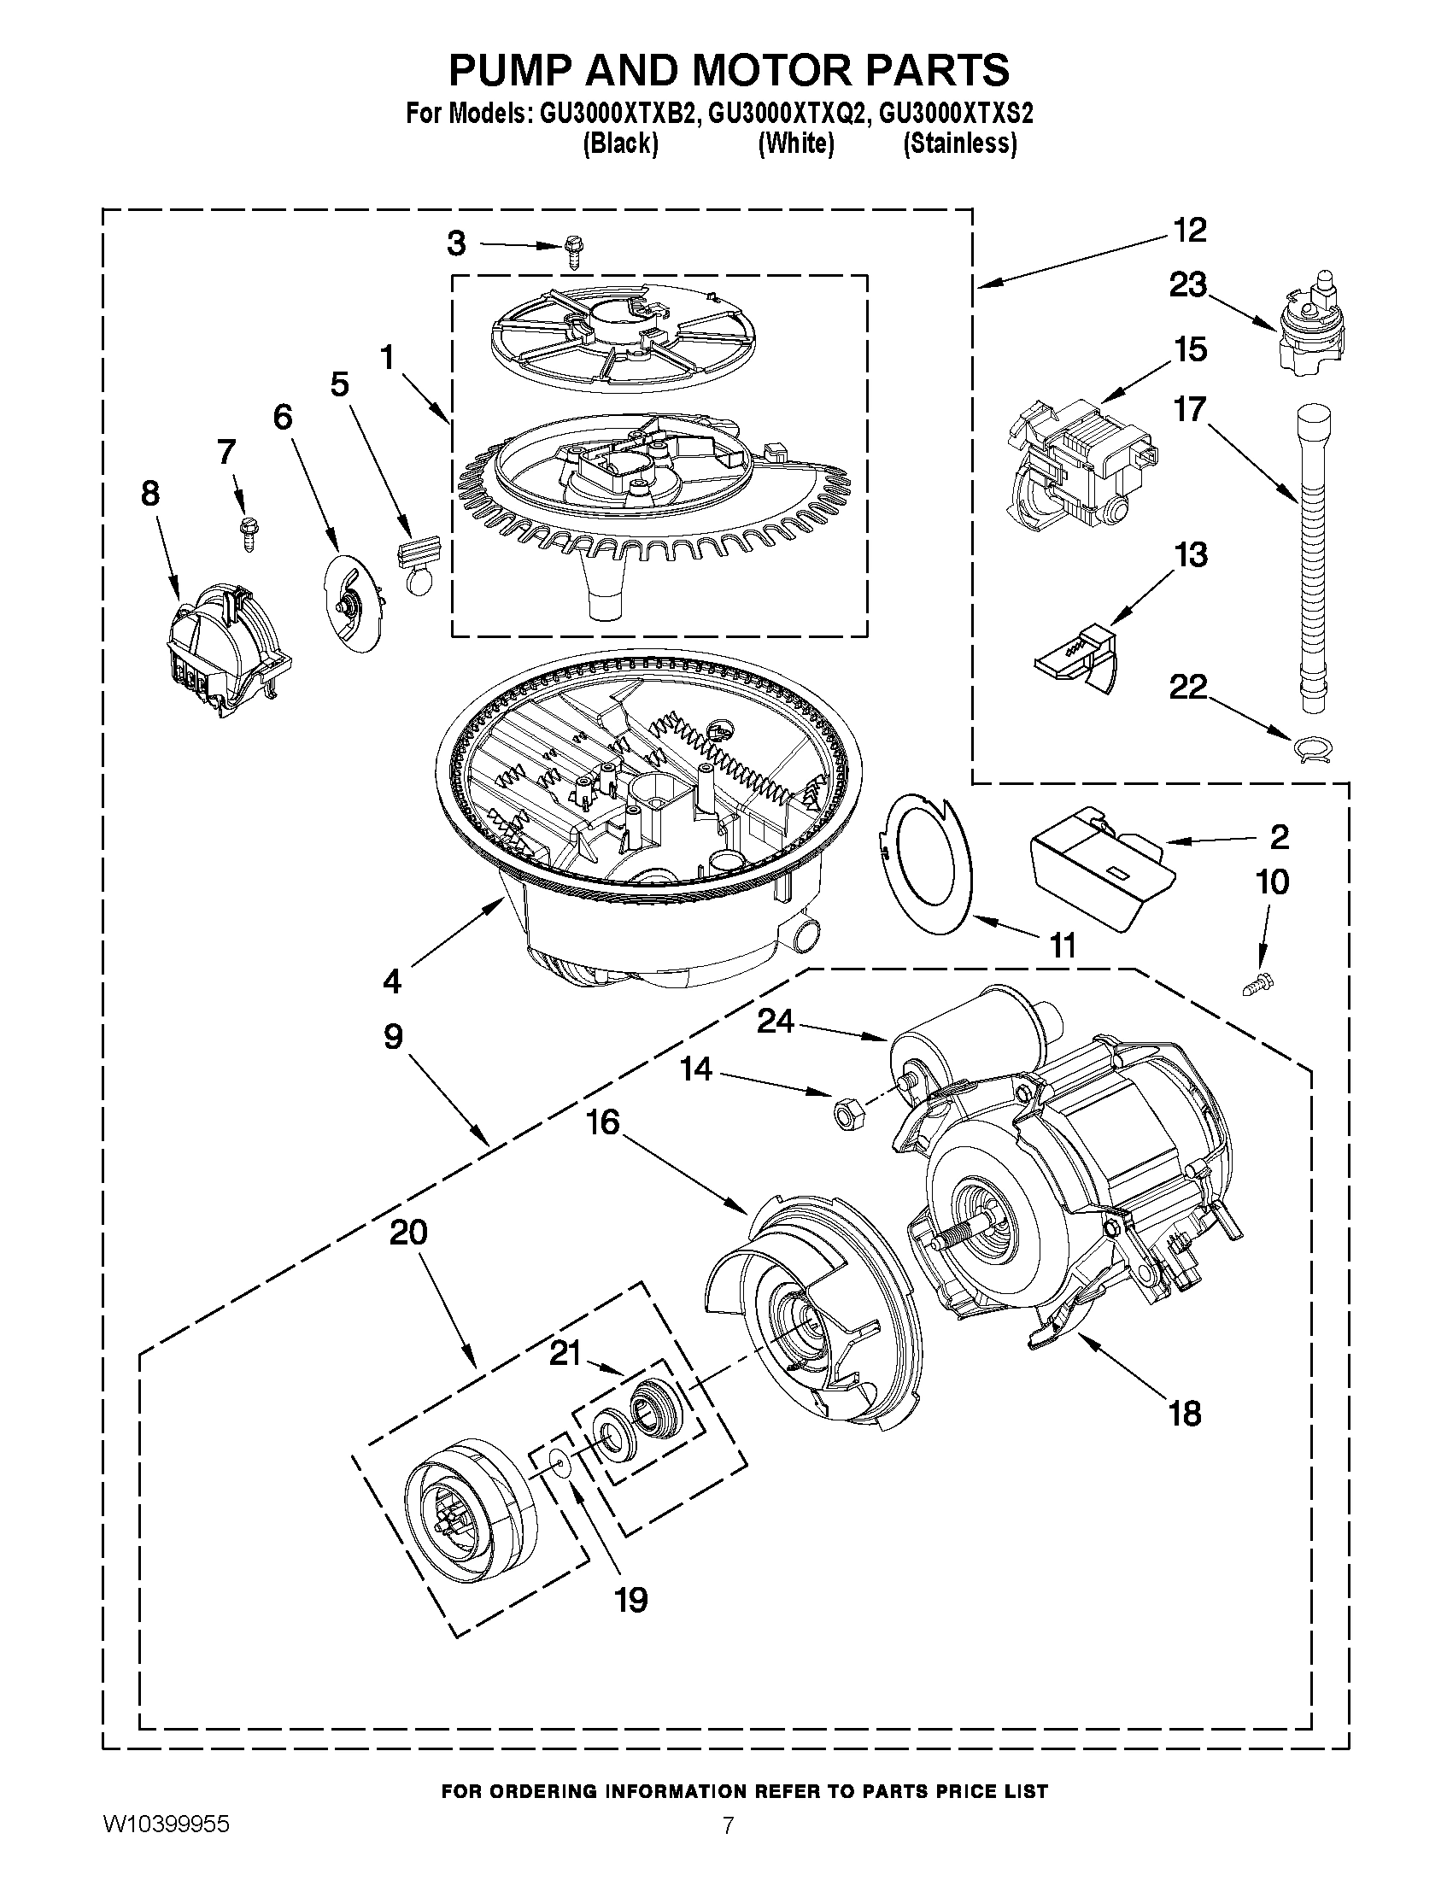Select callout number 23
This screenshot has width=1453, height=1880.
pos(1188,285)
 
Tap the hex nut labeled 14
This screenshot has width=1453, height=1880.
pos(844,1114)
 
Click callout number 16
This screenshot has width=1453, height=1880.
pos(603,1122)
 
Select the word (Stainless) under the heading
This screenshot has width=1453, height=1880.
pos(960,143)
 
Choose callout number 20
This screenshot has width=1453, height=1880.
pos(409,1233)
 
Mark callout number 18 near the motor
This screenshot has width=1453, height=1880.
pos(1185,1414)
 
